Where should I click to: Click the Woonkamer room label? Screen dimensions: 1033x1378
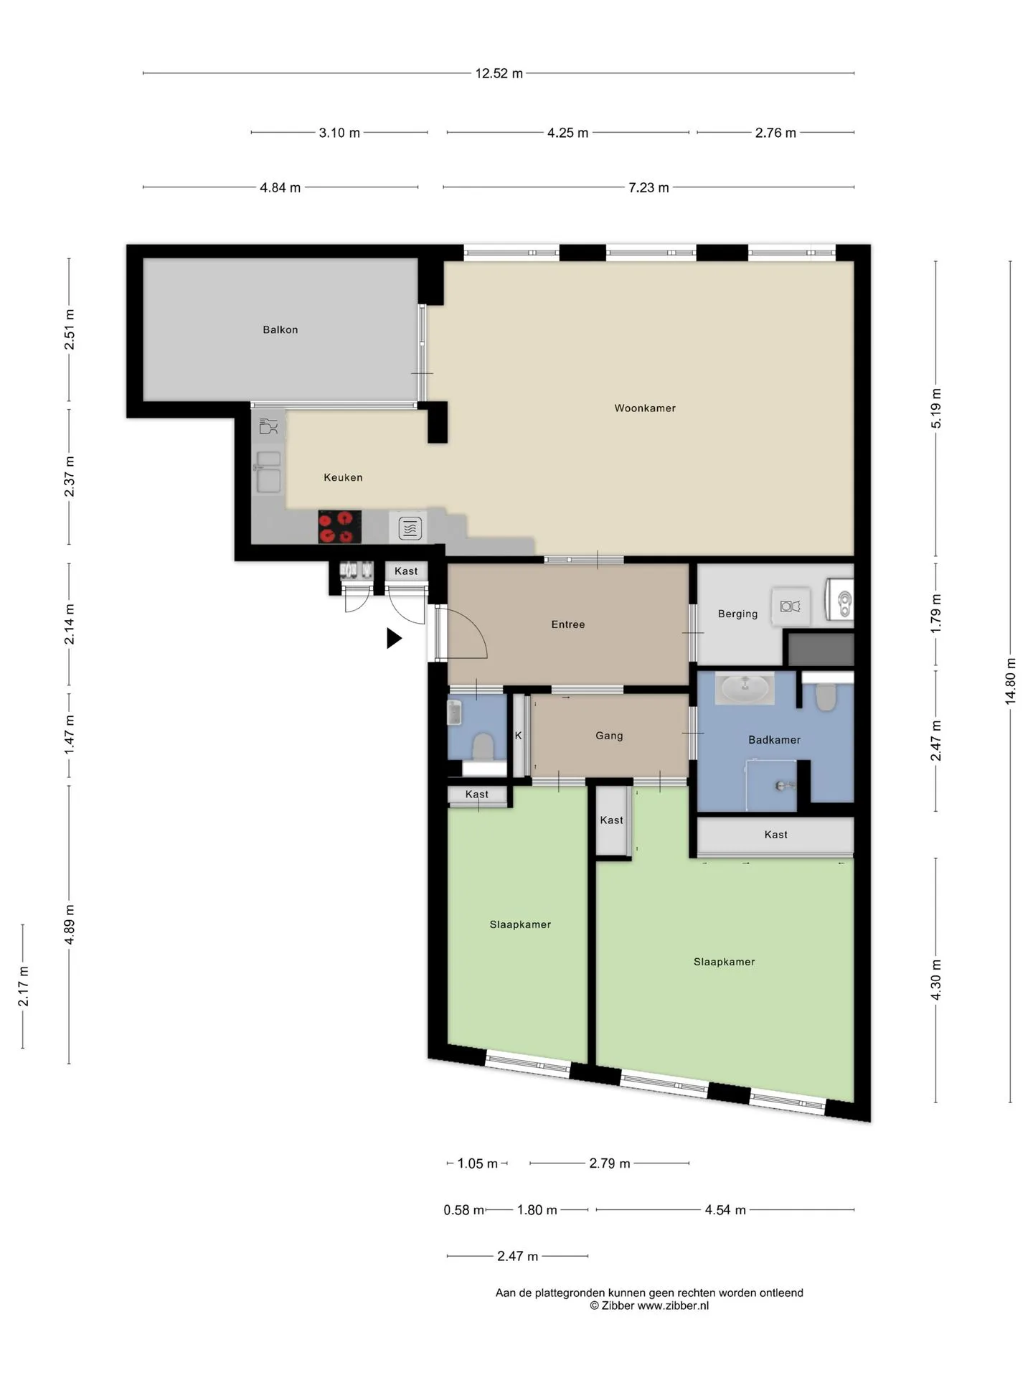(645, 408)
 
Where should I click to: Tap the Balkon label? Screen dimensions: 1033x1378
(280, 330)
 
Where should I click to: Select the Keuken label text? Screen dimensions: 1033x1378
(343, 477)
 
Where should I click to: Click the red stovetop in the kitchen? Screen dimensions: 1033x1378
(339, 527)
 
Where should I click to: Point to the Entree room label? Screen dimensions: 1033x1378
(568, 624)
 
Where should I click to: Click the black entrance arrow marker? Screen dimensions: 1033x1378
(394, 638)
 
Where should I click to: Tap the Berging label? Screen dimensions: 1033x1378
(737, 614)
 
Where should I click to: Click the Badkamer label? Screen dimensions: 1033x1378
(774, 740)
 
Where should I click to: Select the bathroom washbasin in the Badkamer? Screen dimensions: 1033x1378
(745, 688)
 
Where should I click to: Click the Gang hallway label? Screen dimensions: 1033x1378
(609, 736)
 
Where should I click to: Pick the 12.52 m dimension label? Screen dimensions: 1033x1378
(499, 73)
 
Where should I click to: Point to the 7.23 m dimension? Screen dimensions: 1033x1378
(648, 187)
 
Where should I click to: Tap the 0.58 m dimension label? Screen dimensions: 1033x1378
(464, 1210)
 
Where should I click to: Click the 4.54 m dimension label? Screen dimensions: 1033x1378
(725, 1210)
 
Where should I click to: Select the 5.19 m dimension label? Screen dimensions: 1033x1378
(936, 408)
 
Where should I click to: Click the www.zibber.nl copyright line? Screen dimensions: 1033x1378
(649, 1306)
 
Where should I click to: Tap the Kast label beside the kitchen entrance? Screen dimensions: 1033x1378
(406, 571)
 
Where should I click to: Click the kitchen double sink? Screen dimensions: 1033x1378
(269, 472)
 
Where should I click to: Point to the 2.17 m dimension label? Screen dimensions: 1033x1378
(24, 986)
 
